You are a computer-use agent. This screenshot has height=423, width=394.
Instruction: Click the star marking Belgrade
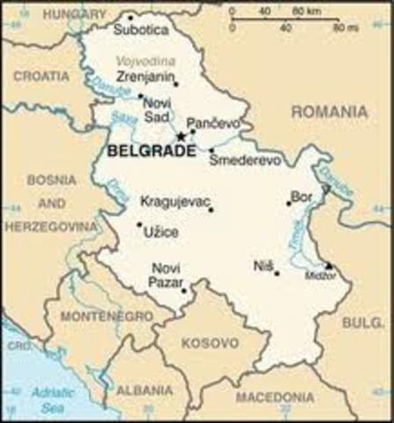click(181, 137)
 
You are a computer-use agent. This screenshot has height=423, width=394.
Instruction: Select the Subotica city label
click(140, 30)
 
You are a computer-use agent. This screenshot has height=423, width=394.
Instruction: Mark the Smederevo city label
click(245, 161)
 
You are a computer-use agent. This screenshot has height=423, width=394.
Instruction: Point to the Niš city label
click(263, 263)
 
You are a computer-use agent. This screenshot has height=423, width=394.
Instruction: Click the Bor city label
click(301, 196)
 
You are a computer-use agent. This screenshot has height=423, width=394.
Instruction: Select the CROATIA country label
click(41, 76)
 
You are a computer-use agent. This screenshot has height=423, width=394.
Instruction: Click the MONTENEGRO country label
click(106, 315)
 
